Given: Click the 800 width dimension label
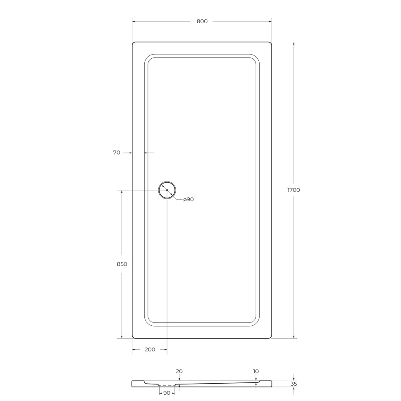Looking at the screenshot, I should click(202, 21).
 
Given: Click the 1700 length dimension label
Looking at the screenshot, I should click(294, 190).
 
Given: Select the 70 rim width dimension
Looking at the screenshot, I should click(117, 153).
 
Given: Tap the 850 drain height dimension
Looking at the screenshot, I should click(122, 264).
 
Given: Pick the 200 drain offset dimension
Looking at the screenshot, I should click(150, 350).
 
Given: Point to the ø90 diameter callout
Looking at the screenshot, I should click(189, 200).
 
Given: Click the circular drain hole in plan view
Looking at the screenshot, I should click(167, 190).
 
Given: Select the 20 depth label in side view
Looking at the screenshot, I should click(179, 371).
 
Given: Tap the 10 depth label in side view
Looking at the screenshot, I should click(256, 371).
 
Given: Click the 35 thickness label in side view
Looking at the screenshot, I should click(294, 384).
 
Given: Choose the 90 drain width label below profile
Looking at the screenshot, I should click(167, 393).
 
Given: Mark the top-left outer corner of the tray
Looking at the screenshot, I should click(133, 43).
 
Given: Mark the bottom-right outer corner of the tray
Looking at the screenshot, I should click(271, 337).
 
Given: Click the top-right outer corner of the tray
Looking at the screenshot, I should click(271, 43).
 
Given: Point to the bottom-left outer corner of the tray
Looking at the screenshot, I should click(133, 337).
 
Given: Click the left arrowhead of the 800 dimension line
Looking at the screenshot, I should click(134, 21).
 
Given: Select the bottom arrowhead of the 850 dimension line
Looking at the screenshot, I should click(122, 337).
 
